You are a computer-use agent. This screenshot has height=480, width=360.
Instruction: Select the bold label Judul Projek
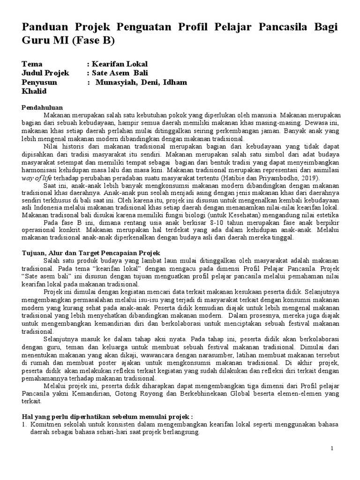pos(45,73)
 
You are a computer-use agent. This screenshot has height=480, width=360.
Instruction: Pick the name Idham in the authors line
pos(174,82)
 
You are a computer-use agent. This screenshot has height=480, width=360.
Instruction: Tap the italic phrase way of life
pos(39,178)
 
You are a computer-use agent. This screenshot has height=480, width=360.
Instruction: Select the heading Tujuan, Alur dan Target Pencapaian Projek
pos(91,253)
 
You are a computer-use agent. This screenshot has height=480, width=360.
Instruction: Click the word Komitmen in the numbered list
pos(46,425)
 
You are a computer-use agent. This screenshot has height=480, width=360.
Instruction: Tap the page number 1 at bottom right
pos(332,449)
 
